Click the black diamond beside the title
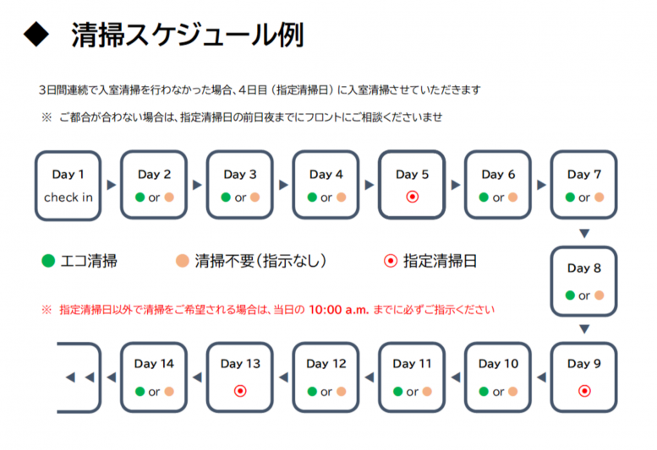(x=36, y=35)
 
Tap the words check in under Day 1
(x=68, y=198)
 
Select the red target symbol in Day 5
(x=413, y=197)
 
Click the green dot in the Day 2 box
(x=140, y=198)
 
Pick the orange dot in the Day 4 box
(x=342, y=198)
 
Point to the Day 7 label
(x=584, y=175)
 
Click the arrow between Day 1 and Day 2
(x=111, y=185)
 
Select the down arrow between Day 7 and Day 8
(x=584, y=233)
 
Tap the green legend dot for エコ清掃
(x=48, y=261)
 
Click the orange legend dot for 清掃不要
(x=183, y=261)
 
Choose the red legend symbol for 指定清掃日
(x=391, y=261)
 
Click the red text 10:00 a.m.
(x=338, y=310)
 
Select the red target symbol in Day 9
(x=584, y=391)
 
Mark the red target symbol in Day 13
(x=240, y=391)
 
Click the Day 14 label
(x=154, y=364)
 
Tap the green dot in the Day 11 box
(x=398, y=392)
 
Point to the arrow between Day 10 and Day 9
(x=541, y=377)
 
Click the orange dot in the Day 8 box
(x=600, y=295)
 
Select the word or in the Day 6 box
(x=498, y=198)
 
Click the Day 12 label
(x=326, y=364)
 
